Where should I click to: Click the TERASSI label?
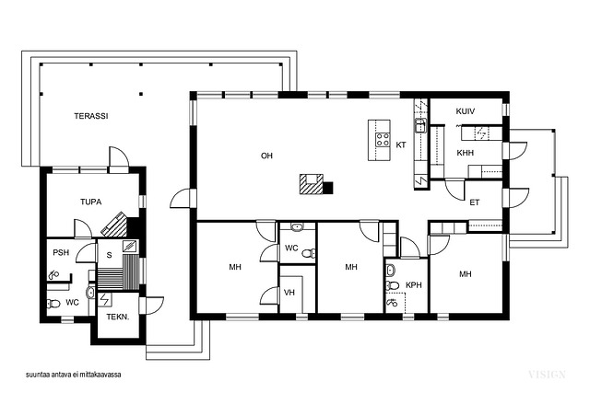pos(91,116)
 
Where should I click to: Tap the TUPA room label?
pos(90,202)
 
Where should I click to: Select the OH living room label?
pos(266,156)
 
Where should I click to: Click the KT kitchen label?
pos(401,144)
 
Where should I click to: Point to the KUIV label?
pos(465,111)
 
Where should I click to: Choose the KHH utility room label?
pos(465,153)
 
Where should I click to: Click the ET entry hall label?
pos(475,202)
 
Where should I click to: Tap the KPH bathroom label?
pos(414,285)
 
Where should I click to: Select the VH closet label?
pos(289,293)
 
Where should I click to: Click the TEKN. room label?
pos(118,317)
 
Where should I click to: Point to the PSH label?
pos(61,252)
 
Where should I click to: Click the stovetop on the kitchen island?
pos(383,139)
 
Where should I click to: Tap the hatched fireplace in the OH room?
pos(312,184)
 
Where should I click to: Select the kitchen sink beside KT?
pos(420,125)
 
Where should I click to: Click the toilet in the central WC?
pos(309,253)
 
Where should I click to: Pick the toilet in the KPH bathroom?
pos(392,285)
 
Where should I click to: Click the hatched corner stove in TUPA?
pos(114,225)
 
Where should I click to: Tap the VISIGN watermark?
pos(547,375)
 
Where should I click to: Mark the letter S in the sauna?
pos(109,255)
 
